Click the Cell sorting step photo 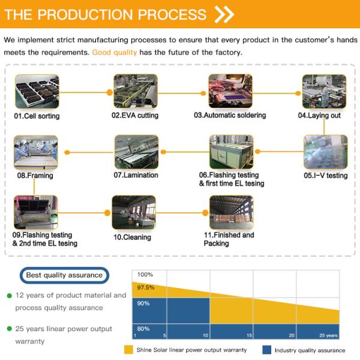point(37,92)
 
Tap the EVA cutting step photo point(135,91)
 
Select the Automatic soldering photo point(229,91)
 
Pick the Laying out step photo point(324,91)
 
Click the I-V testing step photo point(325,152)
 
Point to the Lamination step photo point(136,152)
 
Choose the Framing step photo point(35,152)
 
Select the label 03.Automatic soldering point(229,115)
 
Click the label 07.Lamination point(136,175)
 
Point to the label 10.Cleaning point(133,238)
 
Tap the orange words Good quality point(115,52)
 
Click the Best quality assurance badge point(64,276)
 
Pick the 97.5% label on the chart point(146,288)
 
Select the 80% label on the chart point(143,328)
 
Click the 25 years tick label point(328,335)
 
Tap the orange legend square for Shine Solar point(128,350)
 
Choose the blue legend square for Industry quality point(267,350)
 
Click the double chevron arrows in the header point(224,14)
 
